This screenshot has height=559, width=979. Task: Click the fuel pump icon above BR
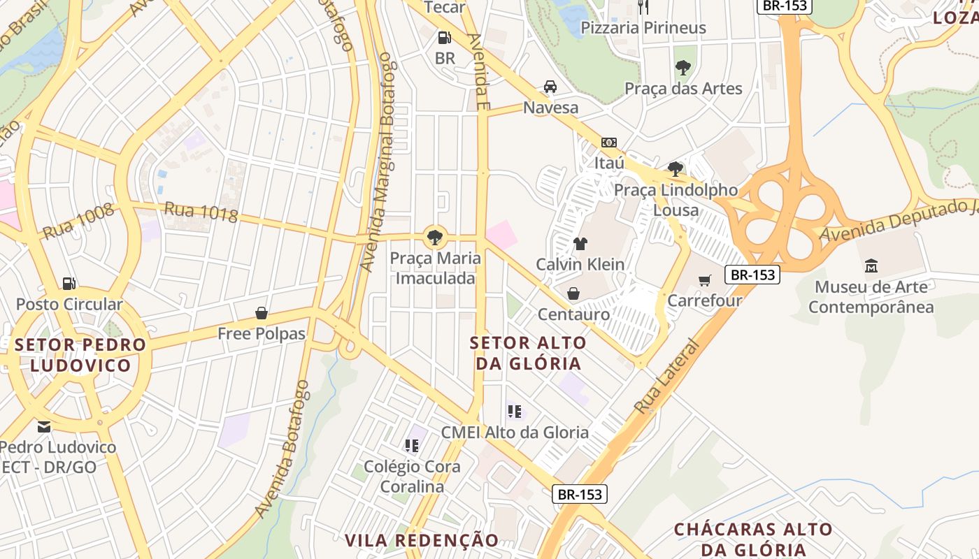[x=444, y=38]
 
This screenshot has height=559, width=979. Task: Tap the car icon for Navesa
[x=550, y=87]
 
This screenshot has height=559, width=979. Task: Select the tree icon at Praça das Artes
[x=683, y=68]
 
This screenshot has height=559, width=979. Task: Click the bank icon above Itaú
[x=608, y=143]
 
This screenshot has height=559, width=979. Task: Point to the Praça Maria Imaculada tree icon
[x=435, y=237]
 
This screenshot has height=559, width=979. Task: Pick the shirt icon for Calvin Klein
[x=580, y=244]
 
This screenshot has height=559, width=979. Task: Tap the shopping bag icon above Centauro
[x=573, y=293]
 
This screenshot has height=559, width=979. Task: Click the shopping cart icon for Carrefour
[x=704, y=280]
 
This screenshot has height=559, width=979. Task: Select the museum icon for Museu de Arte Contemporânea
[x=871, y=266]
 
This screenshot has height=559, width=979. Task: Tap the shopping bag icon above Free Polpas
[x=262, y=312]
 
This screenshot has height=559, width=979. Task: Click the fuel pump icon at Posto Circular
[x=69, y=283]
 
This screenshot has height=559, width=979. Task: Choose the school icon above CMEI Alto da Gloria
[x=515, y=412]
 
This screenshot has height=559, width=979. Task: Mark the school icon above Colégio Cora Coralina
[x=412, y=445]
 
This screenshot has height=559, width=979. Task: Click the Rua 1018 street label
[x=201, y=212]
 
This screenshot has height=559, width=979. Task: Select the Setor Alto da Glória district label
[x=528, y=353]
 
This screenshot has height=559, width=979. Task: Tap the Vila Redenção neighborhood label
[x=422, y=540]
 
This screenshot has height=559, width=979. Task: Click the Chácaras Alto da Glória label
[x=753, y=539]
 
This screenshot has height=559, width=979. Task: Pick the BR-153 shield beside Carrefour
[x=752, y=275]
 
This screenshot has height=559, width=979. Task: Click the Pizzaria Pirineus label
[x=644, y=28]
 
